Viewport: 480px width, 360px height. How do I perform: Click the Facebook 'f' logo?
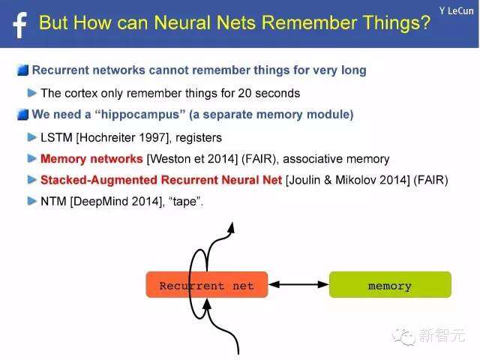[20, 25]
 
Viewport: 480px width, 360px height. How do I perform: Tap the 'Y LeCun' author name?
[457, 11]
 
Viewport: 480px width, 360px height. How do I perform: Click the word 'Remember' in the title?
[310, 23]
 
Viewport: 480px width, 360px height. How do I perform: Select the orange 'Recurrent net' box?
[207, 285]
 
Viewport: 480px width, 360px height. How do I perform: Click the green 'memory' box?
[390, 285]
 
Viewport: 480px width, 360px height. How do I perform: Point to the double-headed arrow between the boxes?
[298, 285]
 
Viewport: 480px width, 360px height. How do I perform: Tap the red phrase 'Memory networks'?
[91, 159]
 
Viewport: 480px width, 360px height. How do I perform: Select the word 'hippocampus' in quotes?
[140, 115]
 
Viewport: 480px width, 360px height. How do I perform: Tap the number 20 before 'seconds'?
[244, 93]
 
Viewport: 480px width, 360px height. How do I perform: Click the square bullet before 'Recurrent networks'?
[23, 70]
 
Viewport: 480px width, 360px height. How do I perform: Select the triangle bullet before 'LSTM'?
[31, 137]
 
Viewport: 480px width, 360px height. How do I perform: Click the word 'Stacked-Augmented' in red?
[98, 180]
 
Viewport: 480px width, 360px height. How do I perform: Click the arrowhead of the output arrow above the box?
[232, 227]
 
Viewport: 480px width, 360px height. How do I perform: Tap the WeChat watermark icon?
[403, 337]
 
